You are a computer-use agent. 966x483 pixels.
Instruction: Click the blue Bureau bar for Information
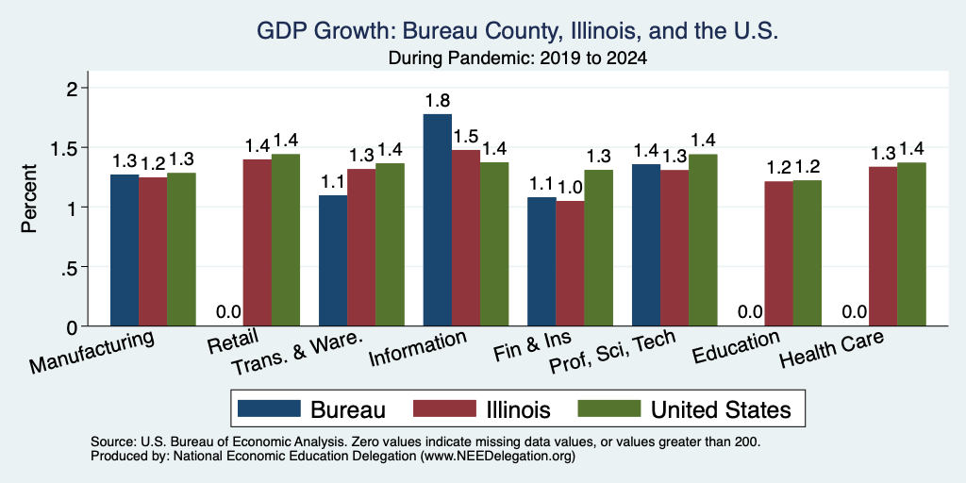[437, 220]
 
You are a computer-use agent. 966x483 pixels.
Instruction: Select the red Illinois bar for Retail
[257, 242]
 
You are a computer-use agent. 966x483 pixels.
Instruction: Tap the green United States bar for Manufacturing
[181, 249]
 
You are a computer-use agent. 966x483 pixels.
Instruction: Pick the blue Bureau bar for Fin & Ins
[541, 262]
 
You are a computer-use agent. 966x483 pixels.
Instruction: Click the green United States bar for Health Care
[911, 244]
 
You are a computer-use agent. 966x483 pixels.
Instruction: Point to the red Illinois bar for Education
[778, 254]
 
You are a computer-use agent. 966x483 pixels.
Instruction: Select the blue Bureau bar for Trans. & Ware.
[333, 260]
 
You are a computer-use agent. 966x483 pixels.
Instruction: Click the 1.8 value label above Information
[437, 101]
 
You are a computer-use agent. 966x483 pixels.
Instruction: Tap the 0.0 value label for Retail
[228, 312]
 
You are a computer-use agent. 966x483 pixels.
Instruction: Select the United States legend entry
[684, 408]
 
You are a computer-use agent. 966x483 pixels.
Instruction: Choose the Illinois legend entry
[482, 408]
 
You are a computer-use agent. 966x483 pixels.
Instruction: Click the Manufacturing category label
[92, 352]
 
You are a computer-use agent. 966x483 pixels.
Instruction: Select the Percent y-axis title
[29, 198]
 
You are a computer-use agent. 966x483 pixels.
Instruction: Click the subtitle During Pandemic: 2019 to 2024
[517, 58]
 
